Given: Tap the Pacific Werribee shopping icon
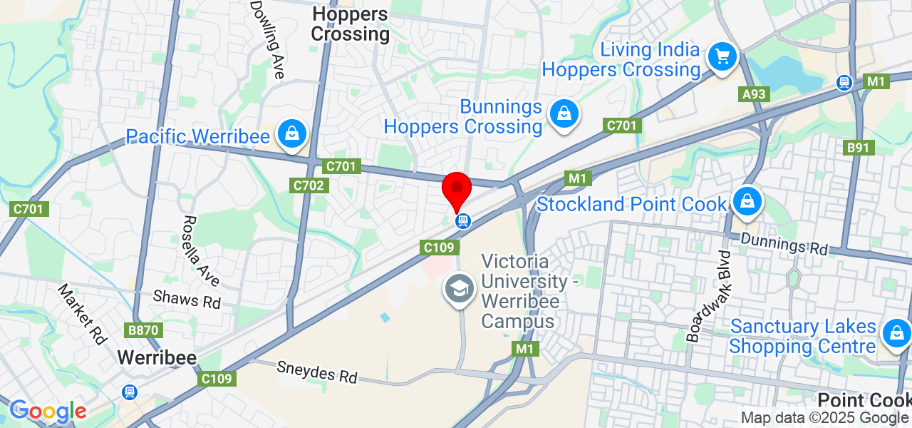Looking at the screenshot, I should [292, 133].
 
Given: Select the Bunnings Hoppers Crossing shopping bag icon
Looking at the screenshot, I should [564, 114].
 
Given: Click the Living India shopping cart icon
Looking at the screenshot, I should [722, 56].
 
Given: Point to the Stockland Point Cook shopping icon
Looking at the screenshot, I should [747, 202].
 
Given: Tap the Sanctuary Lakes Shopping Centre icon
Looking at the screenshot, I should [896, 333].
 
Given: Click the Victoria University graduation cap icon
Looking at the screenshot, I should [460, 290].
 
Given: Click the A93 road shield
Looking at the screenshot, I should [754, 94].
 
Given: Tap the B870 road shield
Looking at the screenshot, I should [145, 331].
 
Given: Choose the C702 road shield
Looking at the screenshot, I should [309, 185].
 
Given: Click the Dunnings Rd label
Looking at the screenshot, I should [784, 244].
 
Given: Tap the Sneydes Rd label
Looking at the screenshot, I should [317, 372].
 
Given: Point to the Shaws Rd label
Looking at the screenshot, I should [187, 300].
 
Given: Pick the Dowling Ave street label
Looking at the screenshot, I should [269, 39].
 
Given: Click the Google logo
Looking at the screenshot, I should [47, 411].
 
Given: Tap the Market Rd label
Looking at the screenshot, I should [81, 314].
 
